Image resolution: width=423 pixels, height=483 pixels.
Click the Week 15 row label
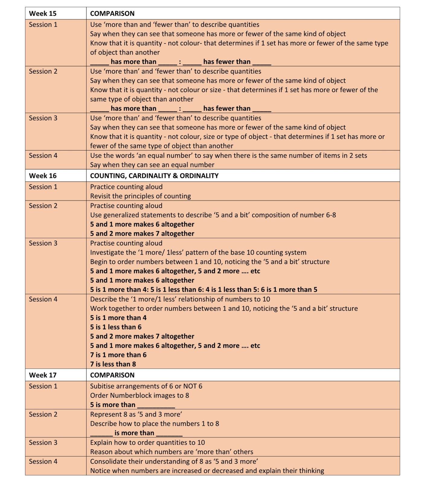[43, 14]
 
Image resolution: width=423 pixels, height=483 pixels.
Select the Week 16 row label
[43, 176]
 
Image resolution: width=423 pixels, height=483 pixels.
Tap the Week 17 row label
[43, 375]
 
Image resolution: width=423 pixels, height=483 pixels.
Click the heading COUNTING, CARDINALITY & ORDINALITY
[154, 176]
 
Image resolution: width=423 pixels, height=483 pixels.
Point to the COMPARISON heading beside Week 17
[112, 375]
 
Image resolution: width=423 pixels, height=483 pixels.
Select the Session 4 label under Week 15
[43, 155]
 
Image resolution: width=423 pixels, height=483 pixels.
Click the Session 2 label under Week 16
[43, 206]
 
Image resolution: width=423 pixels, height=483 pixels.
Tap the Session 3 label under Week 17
[43, 443]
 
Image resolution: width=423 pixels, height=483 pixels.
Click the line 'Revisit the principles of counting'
[140, 196]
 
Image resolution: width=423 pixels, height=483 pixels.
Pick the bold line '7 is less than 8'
[113, 364]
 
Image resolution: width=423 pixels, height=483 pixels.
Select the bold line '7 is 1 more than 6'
[118, 355]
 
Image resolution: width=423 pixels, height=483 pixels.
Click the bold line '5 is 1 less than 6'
[116, 327]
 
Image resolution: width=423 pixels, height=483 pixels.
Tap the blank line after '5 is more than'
[156, 406]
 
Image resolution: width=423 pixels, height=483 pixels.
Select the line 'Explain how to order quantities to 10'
[147, 443]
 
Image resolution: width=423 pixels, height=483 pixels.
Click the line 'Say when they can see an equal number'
[152, 165]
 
